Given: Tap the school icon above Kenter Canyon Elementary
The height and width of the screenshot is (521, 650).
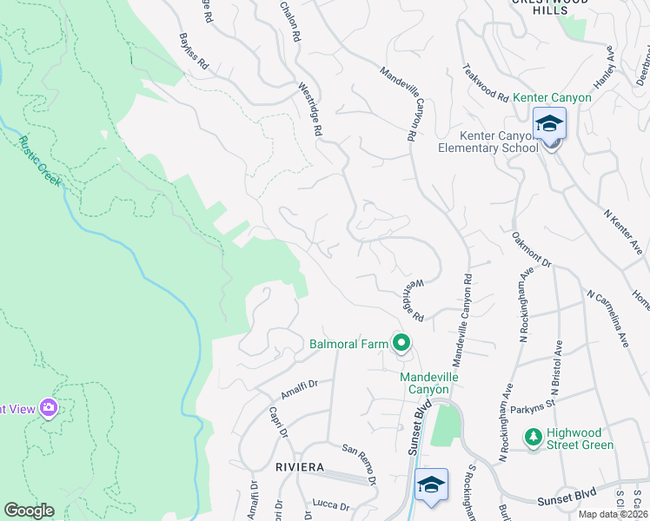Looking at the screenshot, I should [549, 125].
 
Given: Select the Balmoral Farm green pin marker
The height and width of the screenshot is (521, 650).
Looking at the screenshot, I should [401, 344].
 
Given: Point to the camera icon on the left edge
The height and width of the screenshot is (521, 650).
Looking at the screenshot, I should [49, 408].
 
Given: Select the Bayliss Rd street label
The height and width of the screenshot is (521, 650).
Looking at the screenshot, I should [193, 52].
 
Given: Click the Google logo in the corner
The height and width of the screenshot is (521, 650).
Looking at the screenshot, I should [29, 511].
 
